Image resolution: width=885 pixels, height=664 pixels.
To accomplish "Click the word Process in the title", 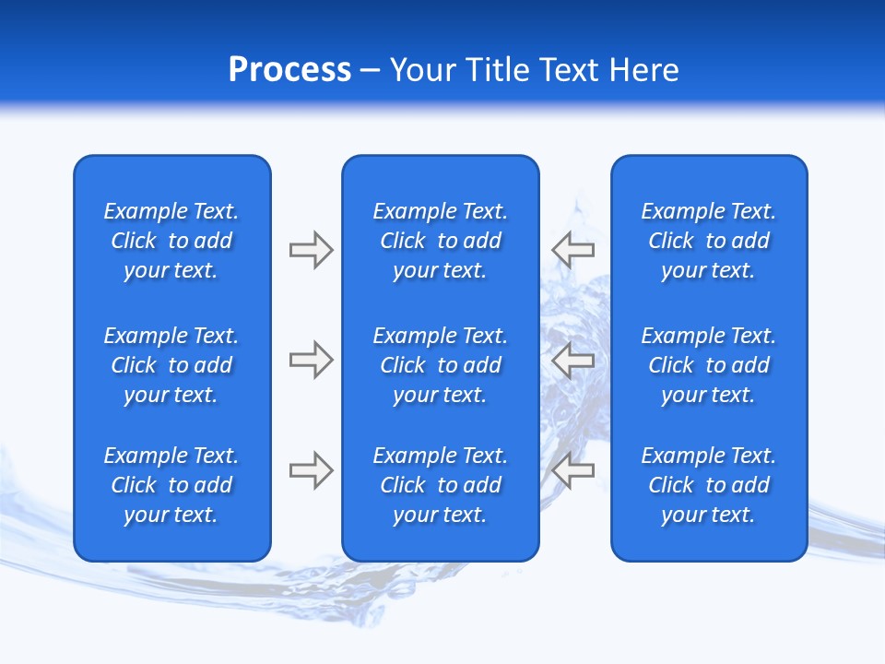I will (289, 70).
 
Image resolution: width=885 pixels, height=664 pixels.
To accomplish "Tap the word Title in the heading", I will (498, 70).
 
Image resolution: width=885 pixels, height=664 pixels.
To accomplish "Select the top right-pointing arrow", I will (311, 249).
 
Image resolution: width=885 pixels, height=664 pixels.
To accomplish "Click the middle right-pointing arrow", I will (311, 360).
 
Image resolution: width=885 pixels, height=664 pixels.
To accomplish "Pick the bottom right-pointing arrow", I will (311, 470).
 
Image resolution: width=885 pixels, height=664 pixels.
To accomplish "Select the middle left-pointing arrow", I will (572, 360).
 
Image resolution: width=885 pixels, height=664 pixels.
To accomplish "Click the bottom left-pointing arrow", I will (572, 470).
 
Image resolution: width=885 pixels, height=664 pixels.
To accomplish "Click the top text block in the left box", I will (171, 241).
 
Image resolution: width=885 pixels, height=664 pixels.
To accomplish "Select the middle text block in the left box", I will (171, 365).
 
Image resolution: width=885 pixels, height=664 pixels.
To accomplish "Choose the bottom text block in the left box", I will (171, 485).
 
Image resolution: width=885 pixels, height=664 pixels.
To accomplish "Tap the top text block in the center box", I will (440, 241).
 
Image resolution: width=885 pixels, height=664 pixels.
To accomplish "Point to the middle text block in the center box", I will (440, 365).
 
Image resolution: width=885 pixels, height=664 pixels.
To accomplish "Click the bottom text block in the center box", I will (440, 485).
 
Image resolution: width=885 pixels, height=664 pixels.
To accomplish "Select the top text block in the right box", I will (708, 241).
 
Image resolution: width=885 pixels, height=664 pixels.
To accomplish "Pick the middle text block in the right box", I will (708, 365).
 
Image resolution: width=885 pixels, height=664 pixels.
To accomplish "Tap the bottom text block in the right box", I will (708, 485).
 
